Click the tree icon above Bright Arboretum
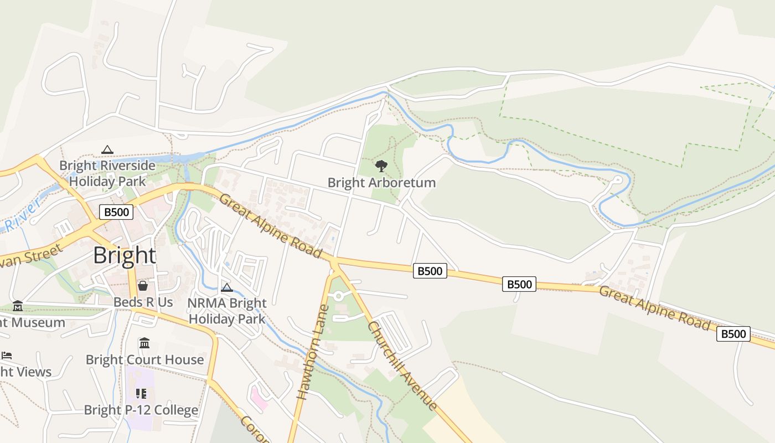(381, 166)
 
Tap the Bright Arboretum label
(381, 182)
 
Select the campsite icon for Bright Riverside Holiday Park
(107, 150)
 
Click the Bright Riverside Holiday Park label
(107, 173)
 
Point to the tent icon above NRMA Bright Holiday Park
(226, 287)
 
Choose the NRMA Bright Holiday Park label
(227, 311)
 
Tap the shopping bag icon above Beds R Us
(143, 286)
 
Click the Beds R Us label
(143, 302)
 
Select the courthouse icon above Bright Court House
(144, 343)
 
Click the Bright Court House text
(144, 360)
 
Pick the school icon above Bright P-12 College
(141, 394)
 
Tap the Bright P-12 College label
(141, 410)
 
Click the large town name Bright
(125, 255)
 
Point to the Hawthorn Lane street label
(313, 352)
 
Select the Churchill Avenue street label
(402, 365)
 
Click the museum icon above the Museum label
(18, 306)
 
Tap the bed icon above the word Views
(7, 356)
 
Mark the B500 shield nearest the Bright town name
(116, 212)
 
